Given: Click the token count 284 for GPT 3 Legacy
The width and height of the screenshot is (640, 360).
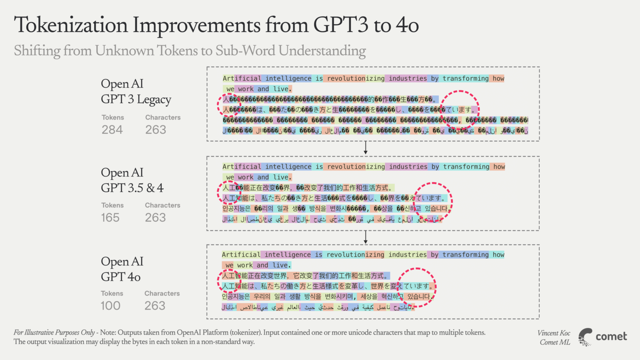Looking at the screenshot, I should point(112,130).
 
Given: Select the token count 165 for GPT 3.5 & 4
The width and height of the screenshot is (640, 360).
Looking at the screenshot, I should point(110,218).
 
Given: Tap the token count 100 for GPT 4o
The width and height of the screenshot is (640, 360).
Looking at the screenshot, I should point(110,306).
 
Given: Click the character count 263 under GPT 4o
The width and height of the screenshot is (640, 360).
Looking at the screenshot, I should point(155,306).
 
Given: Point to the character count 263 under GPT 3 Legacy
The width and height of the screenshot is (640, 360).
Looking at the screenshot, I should point(156,130).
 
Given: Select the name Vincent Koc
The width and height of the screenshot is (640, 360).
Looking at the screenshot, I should point(554,333).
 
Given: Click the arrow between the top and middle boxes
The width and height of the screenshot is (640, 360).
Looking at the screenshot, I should point(365,148).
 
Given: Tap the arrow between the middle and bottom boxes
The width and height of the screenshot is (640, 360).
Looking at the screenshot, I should point(365,237).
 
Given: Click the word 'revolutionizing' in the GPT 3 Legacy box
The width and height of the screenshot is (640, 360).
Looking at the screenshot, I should point(356,78).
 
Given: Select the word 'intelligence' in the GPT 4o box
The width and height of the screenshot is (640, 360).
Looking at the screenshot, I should point(287,255).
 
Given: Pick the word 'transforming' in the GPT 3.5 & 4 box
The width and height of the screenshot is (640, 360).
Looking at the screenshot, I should point(466,167).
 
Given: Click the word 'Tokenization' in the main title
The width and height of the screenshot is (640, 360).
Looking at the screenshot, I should point(71,25).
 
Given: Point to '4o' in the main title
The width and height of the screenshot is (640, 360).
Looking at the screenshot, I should point(407,25).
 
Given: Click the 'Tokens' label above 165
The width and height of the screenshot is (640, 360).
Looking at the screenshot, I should point(112,205).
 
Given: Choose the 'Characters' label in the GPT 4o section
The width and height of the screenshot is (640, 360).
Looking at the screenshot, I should point(162,293).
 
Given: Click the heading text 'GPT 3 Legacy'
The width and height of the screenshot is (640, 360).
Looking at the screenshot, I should point(136,100).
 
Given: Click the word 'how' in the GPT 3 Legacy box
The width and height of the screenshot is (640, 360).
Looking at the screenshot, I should point(498,78).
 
